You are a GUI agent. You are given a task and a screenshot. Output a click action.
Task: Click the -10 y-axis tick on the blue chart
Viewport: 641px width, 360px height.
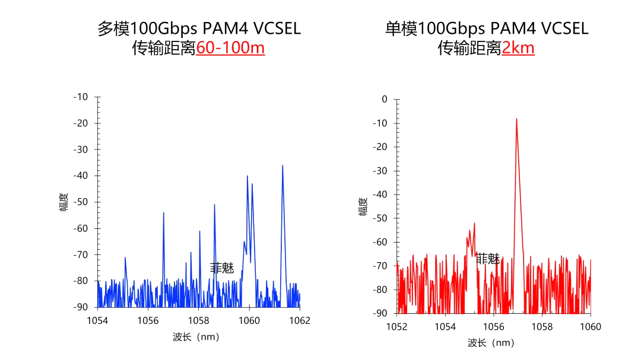pyautogui.click(x=80, y=97)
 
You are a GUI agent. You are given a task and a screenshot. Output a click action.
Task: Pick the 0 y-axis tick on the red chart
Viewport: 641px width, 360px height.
pyautogui.click(x=384, y=99)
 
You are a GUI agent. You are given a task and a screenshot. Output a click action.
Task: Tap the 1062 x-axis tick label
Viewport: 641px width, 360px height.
pyautogui.click(x=300, y=321)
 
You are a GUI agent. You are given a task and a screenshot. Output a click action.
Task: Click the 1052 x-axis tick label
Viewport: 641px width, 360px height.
pyautogui.click(x=396, y=327)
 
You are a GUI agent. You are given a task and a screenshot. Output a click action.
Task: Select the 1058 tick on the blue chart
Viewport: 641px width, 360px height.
pyautogui.click(x=199, y=321)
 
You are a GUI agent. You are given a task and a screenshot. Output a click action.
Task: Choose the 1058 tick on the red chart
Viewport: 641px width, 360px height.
pyautogui.click(x=542, y=327)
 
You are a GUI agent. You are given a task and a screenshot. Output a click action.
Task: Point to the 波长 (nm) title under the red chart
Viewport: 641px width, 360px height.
pyautogui.click(x=491, y=343)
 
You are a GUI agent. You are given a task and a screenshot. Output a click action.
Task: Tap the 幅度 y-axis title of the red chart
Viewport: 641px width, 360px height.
pyautogui.click(x=363, y=206)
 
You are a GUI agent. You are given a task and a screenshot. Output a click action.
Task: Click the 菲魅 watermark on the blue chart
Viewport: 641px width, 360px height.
pyautogui.click(x=222, y=268)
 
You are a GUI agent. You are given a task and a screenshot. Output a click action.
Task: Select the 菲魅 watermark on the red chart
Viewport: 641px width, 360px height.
pyautogui.click(x=487, y=259)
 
